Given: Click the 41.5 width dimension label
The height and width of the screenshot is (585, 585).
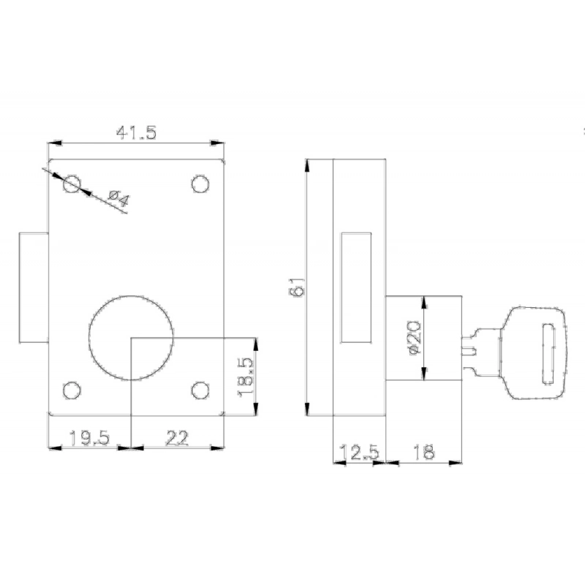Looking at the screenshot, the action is [x=136, y=133].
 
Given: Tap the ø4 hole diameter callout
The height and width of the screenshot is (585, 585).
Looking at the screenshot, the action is [x=118, y=198].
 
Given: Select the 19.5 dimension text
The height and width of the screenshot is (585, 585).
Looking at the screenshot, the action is [x=89, y=438].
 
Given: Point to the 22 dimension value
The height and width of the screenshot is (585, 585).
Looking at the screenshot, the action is [x=177, y=438].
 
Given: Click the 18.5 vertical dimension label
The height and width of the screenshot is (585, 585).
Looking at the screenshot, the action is [x=245, y=377].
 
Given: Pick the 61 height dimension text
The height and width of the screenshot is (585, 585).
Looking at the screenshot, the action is [x=298, y=287].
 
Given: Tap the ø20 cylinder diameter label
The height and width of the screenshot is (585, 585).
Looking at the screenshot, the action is [x=415, y=337].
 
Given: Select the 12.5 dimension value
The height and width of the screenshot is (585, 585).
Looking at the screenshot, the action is [x=359, y=453].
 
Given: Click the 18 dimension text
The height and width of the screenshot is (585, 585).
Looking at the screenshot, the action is [x=424, y=453].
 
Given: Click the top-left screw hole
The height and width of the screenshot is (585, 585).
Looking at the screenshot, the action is [x=72, y=184].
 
